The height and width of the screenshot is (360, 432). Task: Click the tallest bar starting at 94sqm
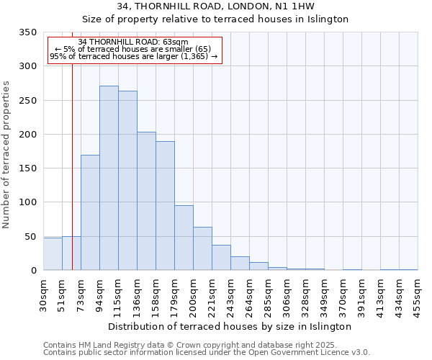[x=109, y=178]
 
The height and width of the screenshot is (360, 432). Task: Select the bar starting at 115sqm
[x=127, y=181]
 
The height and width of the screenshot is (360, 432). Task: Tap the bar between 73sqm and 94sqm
[x=90, y=212]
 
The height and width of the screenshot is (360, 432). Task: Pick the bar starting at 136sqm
[x=146, y=201]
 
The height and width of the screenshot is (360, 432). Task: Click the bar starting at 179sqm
[x=184, y=238]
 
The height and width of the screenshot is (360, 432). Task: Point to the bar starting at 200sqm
[x=202, y=248]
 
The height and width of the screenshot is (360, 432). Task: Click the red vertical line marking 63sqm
[x=72, y=166]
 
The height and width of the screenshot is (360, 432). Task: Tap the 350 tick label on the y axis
[x=27, y=32]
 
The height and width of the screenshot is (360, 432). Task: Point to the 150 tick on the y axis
[x=27, y=168]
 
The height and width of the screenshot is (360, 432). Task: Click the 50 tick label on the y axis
[x=30, y=237]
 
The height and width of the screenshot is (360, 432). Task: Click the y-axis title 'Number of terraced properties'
[x=6, y=155]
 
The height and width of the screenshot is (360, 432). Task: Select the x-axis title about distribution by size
[x=230, y=326]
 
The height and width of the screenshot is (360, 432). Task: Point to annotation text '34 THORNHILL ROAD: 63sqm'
[x=133, y=42]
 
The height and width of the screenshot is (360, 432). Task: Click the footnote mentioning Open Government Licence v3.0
[x=207, y=353]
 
